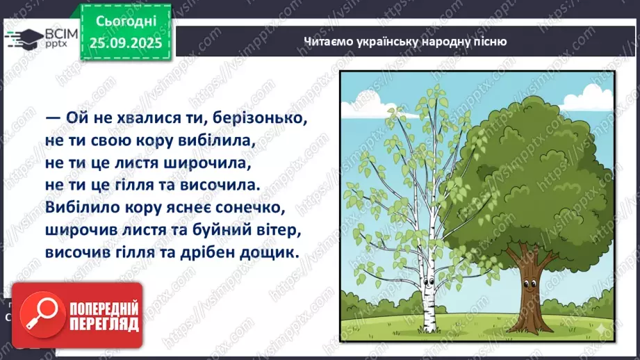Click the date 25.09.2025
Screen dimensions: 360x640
pos(125,42)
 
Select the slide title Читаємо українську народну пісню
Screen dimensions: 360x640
pos(405,42)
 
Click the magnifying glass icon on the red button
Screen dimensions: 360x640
pos(38,316)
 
